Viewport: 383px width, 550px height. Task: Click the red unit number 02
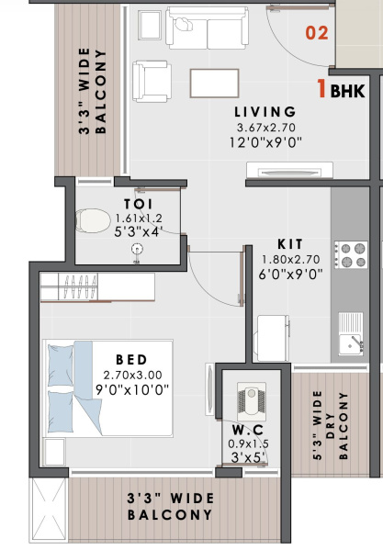[317, 35]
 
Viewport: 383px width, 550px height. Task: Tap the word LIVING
[265, 112]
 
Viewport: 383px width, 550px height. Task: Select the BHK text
[346, 91]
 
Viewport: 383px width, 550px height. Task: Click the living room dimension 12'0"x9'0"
[265, 142]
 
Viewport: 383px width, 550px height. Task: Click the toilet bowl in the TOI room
[91, 219]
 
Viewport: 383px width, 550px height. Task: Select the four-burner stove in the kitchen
[351, 255]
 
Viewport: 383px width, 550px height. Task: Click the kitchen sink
[351, 331]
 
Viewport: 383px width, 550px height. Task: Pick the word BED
[132, 358]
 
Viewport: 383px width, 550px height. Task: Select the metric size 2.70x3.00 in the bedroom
[132, 375]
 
